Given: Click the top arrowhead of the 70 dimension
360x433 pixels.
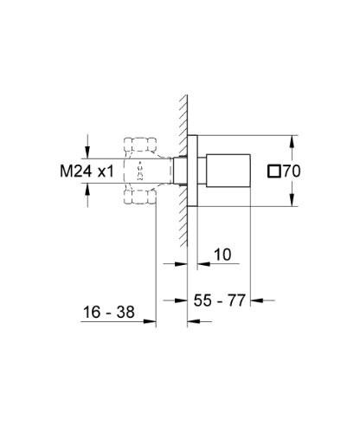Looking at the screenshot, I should (x=293, y=139).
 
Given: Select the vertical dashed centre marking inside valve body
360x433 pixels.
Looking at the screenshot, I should (x=143, y=171).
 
